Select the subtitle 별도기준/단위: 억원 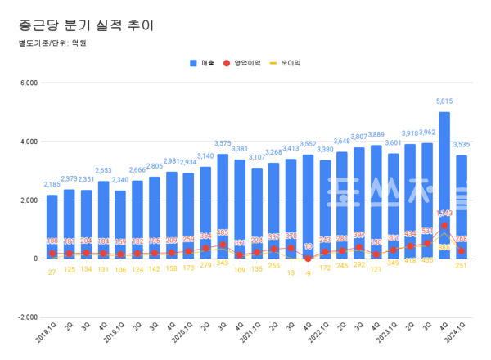coord(51,43)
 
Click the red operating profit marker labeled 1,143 coord(444,225)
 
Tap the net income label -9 coord(308,273)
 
